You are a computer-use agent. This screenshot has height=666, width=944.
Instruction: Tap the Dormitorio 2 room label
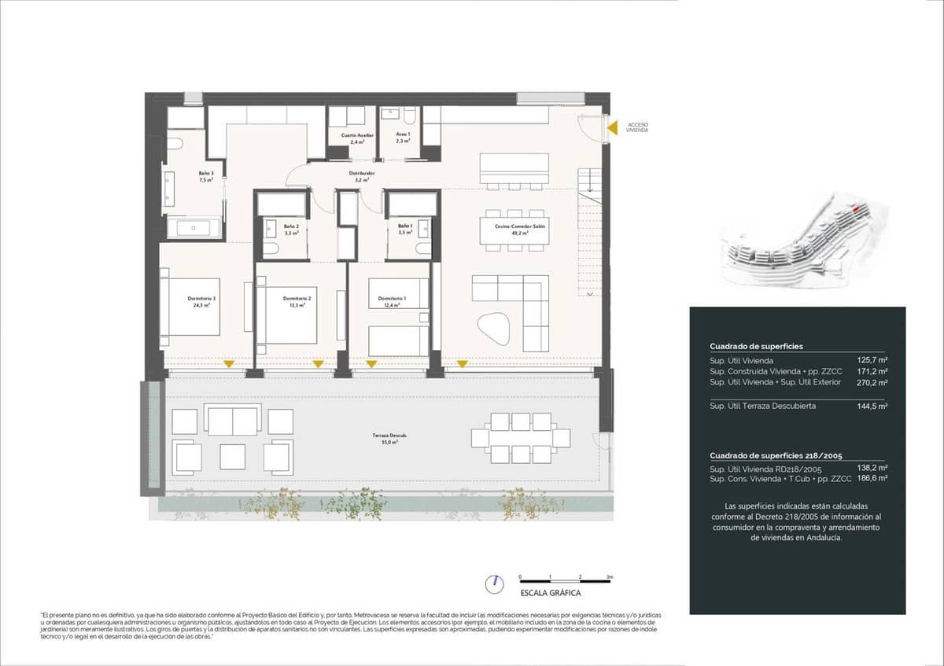[x=298, y=301]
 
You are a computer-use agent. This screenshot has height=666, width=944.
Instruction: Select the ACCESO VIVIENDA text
[x=638, y=128]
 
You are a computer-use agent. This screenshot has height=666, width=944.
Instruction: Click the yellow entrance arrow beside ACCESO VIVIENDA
[x=611, y=127]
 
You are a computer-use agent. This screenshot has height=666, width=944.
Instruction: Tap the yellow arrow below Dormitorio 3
[x=228, y=363]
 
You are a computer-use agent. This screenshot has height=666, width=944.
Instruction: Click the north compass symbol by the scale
[x=495, y=583]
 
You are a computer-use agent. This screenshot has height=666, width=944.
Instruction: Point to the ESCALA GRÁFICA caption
[x=551, y=594]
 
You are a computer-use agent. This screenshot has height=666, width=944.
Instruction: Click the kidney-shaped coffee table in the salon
[x=493, y=326]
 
